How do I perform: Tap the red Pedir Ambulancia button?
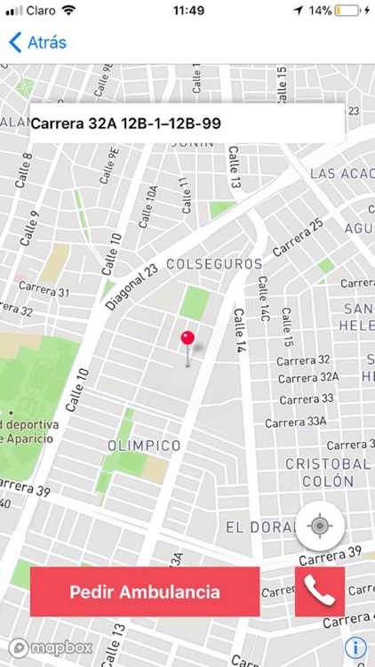[x=145, y=591]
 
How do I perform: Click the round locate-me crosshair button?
[x=320, y=526]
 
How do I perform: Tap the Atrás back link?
[x=37, y=42]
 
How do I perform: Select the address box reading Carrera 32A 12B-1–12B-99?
[x=187, y=124]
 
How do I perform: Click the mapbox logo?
[x=51, y=647]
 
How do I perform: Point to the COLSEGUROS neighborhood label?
[x=214, y=264]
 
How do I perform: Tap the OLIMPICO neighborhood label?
[x=144, y=445]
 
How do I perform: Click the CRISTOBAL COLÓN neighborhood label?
[x=327, y=472]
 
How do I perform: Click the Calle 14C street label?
[x=264, y=300]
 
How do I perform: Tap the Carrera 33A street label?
[x=297, y=422]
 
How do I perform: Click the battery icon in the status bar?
[x=348, y=11]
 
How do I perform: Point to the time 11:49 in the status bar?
[x=187, y=11]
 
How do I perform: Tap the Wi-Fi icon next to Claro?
[x=68, y=11]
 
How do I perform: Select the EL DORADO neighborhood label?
[x=259, y=527]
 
